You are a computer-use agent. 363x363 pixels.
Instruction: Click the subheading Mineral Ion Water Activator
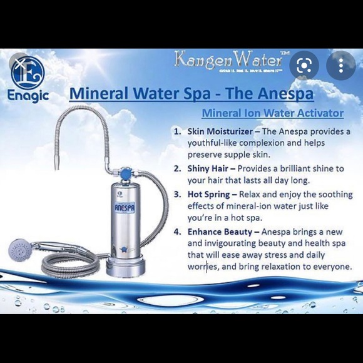272,113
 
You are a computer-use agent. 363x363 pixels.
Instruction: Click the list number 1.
178,132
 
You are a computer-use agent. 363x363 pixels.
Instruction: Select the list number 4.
178,232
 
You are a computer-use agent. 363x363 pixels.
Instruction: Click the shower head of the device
21,250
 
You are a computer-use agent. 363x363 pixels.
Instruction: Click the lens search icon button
305,65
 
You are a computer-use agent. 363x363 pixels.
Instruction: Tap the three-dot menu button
340,65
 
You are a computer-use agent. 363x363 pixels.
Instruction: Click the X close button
21,63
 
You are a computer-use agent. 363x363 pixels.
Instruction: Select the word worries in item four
203,267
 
